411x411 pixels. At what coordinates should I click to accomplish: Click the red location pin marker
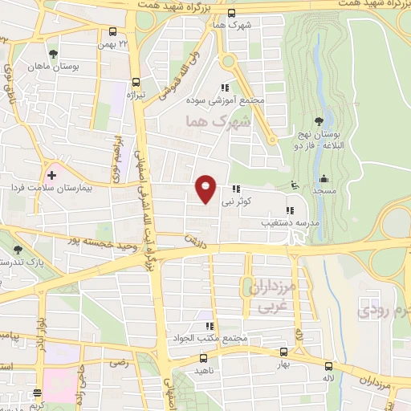pos(206,188)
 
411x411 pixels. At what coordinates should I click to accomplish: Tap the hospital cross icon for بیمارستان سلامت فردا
pos(52,173)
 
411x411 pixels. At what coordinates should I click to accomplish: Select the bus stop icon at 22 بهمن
pos(112,34)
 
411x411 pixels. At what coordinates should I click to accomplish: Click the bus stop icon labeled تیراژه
pos(135,82)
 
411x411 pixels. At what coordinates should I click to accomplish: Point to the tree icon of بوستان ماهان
pos(53,54)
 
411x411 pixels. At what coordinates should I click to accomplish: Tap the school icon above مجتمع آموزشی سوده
pos(225,87)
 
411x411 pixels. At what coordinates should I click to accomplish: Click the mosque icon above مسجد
pos(323,178)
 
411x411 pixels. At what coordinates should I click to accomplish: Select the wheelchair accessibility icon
pos(296,184)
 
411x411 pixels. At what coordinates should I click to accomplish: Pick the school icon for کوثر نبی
pos(236,189)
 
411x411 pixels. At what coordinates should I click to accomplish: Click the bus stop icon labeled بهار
pos(283,352)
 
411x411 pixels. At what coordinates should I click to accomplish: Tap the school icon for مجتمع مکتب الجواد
pos(209,326)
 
